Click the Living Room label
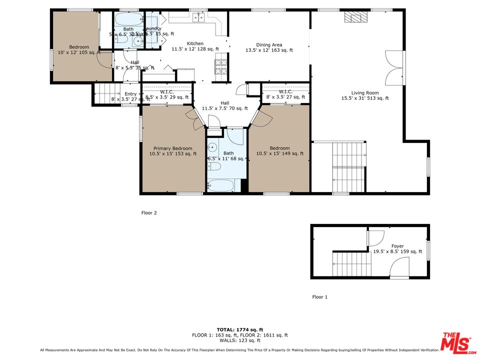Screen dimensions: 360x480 pos(364,95)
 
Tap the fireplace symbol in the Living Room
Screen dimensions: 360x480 pos(355,18)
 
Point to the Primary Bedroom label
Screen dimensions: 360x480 pos(172,151)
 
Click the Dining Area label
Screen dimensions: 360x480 pos(269,47)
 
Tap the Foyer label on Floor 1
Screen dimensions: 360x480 pos(397,248)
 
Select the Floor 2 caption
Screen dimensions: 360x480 pos(149,213)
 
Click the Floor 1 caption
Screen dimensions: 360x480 pos(319,297)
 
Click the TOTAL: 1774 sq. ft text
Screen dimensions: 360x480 pos(240,329)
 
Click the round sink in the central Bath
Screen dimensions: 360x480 pos(212,147)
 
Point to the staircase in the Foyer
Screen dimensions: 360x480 pos(352,264)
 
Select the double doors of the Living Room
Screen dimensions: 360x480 pos(393,67)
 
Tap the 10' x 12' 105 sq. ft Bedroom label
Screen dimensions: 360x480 pos(79,49)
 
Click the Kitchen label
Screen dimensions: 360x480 pos(195,46)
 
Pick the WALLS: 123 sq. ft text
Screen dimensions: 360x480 pos(240,340)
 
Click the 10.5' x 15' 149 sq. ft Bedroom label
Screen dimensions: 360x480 pos(279,151)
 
